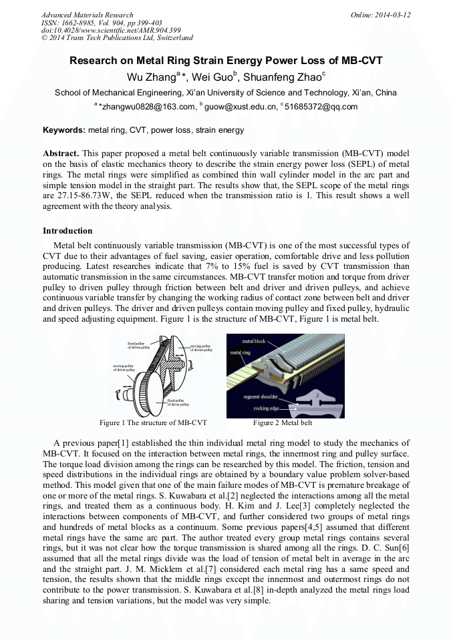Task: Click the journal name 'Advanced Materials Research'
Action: [x=87, y=15]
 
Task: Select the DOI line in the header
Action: [x=111, y=30]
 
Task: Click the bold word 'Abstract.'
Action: [x=61, y=153]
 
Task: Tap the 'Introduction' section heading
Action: [x=67, y=231]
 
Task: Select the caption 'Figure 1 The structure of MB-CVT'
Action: [x=153, y=423]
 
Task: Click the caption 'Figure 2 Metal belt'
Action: [x=283, y=423]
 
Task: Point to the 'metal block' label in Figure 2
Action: [x=253, y=341]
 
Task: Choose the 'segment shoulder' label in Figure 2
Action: [x=261, y=397]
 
